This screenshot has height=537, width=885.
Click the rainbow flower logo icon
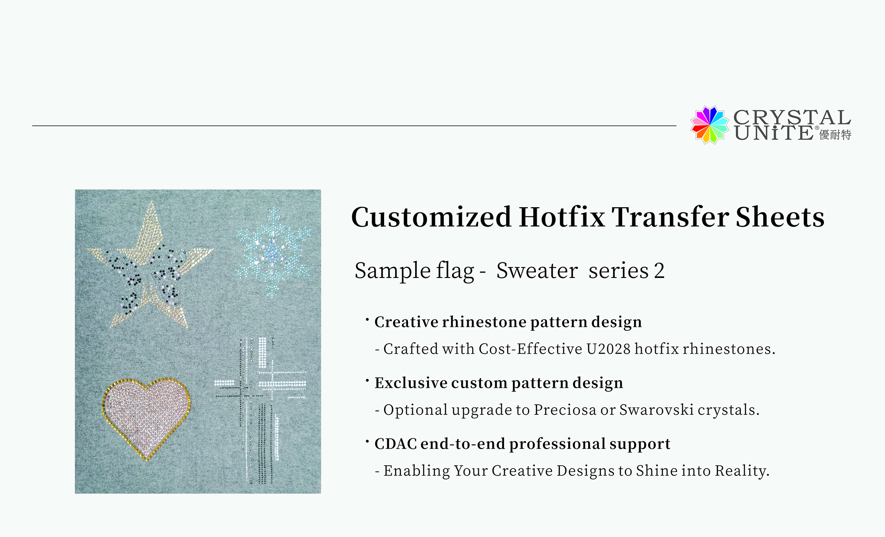710,125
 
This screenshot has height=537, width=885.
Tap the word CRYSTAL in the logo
792,117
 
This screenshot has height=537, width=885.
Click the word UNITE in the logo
773,133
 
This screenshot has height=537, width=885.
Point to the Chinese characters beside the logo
835,135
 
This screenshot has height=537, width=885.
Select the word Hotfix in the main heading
561,217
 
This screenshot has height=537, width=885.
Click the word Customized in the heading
431,217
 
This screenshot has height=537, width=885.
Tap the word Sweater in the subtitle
537,270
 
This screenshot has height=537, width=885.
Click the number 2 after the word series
659,271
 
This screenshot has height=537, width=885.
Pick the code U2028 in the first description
608,349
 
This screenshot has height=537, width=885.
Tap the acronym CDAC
396,444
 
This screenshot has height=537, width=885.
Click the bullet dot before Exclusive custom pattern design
367,380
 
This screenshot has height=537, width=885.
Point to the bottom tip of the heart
146,460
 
